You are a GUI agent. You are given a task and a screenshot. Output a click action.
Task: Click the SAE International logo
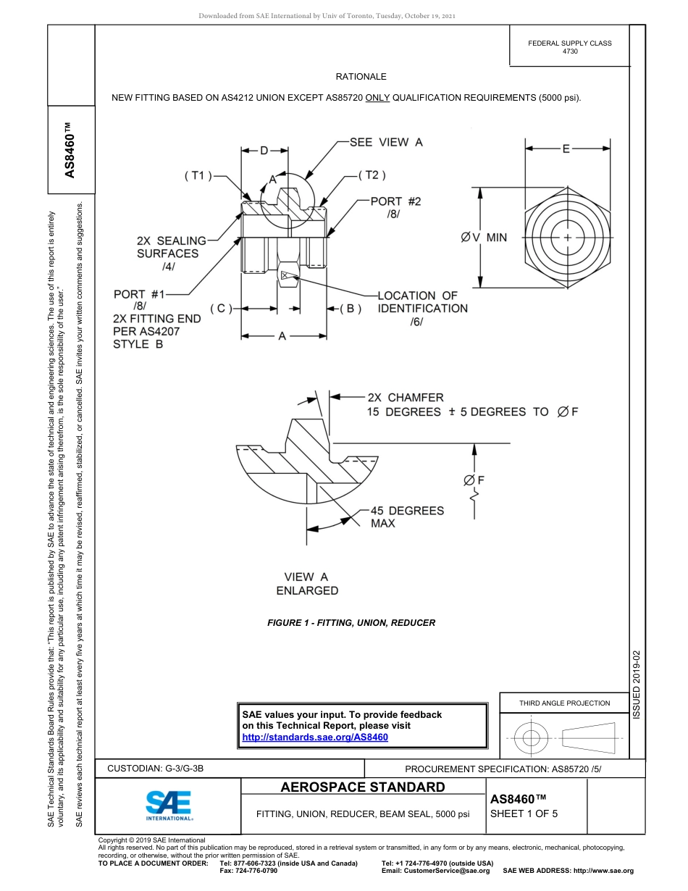[x=169, y=804]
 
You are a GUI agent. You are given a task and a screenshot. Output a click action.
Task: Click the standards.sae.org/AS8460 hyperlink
[x=314, y=737]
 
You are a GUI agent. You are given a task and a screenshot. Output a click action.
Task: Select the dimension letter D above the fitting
[x=264, y=151]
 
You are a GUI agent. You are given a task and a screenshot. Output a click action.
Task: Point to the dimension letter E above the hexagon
[x=566, y=148]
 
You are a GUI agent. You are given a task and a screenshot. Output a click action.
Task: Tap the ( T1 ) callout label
[x=197, y=175]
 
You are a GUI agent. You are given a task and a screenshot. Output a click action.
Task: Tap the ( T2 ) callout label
[x=372, y=175]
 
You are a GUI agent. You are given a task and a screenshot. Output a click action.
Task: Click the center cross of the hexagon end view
[x=567, y=237]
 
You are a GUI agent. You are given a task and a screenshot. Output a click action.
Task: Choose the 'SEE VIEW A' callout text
[x=386, y=143]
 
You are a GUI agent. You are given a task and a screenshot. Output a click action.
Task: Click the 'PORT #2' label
[x=395, y=201]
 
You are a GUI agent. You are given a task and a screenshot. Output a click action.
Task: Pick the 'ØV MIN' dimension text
[x=484, y=237]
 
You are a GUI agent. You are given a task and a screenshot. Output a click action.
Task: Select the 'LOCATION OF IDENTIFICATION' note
[x=422, y=302]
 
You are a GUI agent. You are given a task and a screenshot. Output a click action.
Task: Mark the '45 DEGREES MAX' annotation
[x=407, y=516]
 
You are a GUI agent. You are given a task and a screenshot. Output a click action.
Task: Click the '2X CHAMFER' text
[x=406, y=398]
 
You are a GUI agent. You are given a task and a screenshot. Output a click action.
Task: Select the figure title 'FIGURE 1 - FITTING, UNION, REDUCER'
[x=351, y=622]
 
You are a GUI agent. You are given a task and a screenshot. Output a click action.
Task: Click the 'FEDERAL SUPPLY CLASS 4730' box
[x=569, y=46]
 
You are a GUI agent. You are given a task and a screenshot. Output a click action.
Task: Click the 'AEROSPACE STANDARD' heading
[x=363, y=787]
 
